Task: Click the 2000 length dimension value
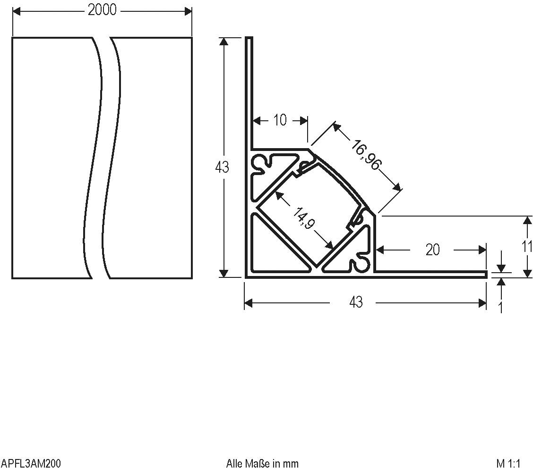coord(102,10)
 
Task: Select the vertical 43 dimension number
coord(222,167)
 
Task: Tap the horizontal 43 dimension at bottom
coord(356,302)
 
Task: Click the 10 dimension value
coord(280,120)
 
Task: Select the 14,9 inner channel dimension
coord(303,218)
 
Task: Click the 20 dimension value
coord(432,250)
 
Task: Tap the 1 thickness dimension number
coord(501,308)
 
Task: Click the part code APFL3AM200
coord(31,463)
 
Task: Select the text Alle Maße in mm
coord(262,463)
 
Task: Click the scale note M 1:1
coord(508,463)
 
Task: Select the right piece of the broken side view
coord(151,158)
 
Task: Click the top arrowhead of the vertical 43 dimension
coord(224,42)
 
